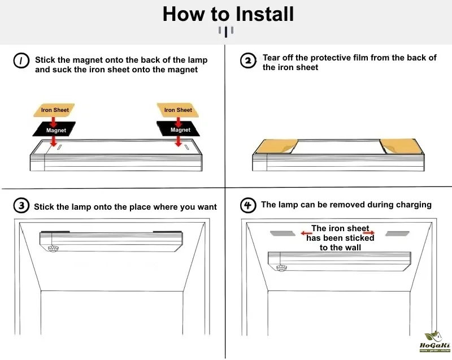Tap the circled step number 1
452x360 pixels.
click(21, 61)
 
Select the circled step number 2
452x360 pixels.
click(248, 60)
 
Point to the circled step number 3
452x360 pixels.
click(21, 206)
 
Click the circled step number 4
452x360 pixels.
click(248, 205)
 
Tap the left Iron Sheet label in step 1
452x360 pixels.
click(54, 110)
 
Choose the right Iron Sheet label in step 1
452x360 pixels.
click(178, 110)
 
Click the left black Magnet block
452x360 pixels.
click(54, 129)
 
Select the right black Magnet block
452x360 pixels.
click(178, 128)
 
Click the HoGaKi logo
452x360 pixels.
click(434, 341)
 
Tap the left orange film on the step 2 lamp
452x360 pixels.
click(276, 146)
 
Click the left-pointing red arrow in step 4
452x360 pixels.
click(306, 233)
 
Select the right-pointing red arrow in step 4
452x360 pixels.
click(369, 232)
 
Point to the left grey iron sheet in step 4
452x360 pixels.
click(283, 233)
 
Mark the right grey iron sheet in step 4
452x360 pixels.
click(397, 233)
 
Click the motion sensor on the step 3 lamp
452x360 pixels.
click(53, 248)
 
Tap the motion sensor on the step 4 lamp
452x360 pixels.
click(281, 268)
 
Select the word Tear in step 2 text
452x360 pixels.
click(271, 58)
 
